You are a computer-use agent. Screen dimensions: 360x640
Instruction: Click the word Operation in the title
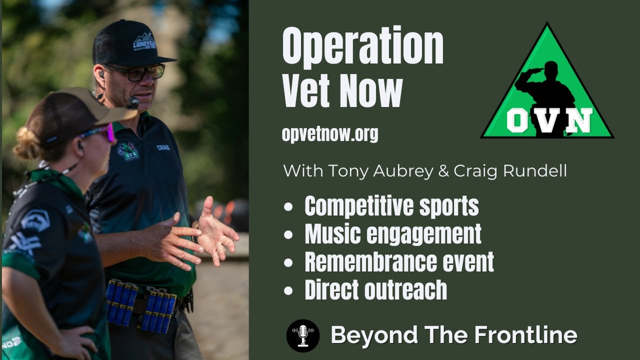pyautogui.click(x=362, y=47)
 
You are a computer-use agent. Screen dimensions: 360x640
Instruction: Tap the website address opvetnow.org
pyautogui.click(x=330, y=134)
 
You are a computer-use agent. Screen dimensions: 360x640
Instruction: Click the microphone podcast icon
pyautogui.click(x=303, y=335)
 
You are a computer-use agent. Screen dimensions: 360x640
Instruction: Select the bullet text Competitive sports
pyautogui.click(x=391, y=205)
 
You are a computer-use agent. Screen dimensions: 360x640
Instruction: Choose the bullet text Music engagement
pyautogui.click(x=393, y=233)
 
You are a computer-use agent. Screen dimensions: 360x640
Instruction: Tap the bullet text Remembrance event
pyautogui.click(x=399, y=261)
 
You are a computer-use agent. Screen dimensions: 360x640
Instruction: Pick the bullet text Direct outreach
pyautogui.click(x=375, y=289)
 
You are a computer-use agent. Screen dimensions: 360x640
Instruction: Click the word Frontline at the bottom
pyautogui.click(x=530, y=335)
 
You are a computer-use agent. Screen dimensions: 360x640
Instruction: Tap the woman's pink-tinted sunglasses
pyautogui.click(x=100, y=132)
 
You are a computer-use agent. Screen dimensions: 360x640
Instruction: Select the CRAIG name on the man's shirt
pyautogui.click(x=163, y=147)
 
